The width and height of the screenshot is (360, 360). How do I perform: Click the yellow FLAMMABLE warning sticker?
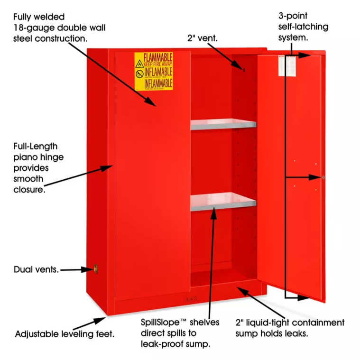pos(153,71)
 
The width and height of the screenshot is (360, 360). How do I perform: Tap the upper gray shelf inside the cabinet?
pos(223,124)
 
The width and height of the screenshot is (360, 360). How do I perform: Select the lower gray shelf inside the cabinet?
pos(223,202)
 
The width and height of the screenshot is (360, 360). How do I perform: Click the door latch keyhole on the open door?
pos(323,177)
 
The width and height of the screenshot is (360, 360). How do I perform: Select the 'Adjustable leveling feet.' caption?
pos(65,333)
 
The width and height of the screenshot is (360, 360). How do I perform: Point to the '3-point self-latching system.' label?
pos(303,27)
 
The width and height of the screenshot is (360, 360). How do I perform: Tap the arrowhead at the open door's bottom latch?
pos(304,298)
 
